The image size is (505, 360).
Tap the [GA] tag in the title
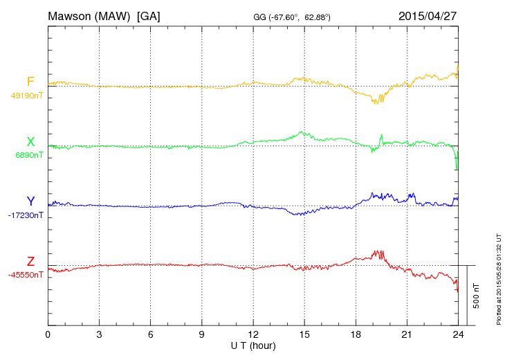[149, 15]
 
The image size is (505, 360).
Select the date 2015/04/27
[428, 15]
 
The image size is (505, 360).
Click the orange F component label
[30, 82]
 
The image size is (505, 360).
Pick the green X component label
[30, 142]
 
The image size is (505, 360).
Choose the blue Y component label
[30, 201]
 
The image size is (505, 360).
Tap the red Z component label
[30, 262]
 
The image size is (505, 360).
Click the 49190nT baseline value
[27, 96]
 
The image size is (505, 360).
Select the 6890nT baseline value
[29, 155]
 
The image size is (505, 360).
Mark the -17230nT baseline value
[26, 215]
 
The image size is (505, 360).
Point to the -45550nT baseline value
[26, 275]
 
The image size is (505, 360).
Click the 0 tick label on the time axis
[48, 334]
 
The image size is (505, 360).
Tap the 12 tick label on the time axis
[253, 334]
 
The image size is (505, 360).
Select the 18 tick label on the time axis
[356, 334]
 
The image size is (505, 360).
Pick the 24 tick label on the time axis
[458, 334]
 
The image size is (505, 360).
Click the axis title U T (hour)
[253, 345]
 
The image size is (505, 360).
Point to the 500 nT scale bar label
[477, 296]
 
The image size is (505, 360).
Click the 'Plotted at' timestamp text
[498, 277]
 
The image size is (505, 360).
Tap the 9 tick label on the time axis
[202, 334]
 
